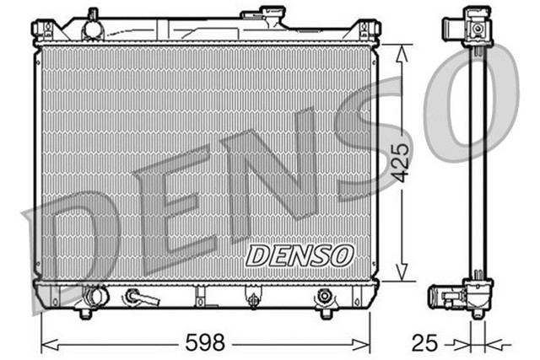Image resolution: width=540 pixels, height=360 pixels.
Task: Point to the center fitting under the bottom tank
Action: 251,298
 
